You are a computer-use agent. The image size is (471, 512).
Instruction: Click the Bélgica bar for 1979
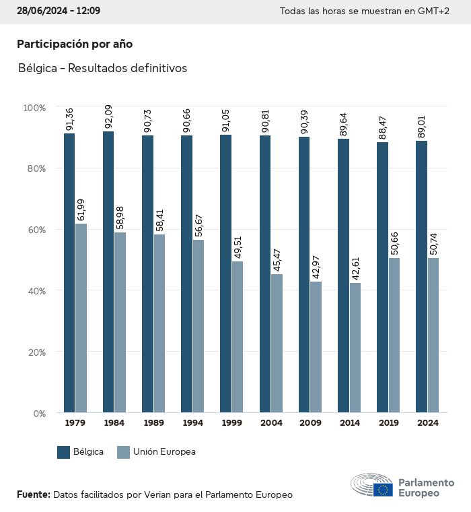(x=69, y=273)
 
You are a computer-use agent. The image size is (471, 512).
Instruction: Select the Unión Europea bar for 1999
(x=238, y=337)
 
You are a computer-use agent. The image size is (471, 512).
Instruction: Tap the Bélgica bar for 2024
(x=421, y=276)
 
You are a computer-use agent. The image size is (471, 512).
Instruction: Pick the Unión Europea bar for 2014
(x=355, y=348)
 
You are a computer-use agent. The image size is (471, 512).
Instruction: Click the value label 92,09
(x=108, y=117)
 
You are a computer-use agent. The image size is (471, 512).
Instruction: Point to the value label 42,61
(x=354, y=268)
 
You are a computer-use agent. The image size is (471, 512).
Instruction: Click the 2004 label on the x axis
(x=271, y=423)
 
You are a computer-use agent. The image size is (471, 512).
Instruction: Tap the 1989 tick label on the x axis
(x=154, y=423)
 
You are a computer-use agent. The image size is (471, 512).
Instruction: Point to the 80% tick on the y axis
(x=35, y=168)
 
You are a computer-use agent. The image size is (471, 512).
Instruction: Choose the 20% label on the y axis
(x=35, y=352)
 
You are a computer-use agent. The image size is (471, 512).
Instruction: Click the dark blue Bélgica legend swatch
(x=64, y=452)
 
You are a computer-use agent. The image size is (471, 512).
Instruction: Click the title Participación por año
(x=75, y=44)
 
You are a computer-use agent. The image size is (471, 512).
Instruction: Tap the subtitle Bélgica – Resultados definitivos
(x=102, y=68)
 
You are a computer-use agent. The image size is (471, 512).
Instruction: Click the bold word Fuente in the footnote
(x=33, y=494)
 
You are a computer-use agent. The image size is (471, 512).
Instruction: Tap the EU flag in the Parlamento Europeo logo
(x=384, y=490)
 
